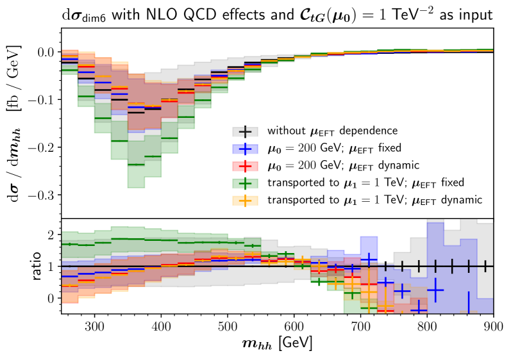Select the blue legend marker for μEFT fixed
[x=245, y=149]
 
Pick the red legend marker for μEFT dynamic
[x=245, y=166]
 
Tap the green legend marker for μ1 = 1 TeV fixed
[x=245, y=183]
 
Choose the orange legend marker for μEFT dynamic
[x=245, y=200]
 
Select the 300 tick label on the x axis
[x=95, y=325]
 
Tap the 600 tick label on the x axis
[x=294, y=325]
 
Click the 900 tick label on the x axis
[x=493, y=325]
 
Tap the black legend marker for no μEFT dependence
[x=245, y=131]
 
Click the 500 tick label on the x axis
[x=228, y=325]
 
